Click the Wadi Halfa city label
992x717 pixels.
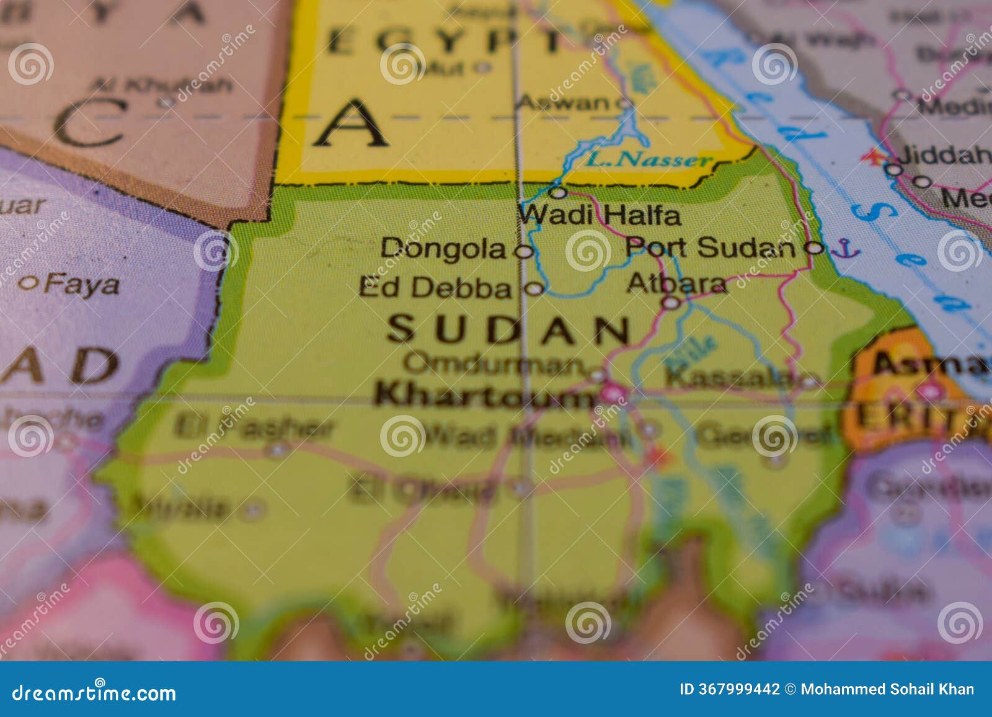[599, 215]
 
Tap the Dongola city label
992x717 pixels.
[443, 249]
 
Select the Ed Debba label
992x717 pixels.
[435, 287]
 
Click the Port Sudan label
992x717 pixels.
[709, 247]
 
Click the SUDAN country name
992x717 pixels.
[508, 329]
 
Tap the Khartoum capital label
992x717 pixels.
[484, 395]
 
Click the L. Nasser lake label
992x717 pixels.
[649, 160]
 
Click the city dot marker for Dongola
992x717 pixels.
[525, 251]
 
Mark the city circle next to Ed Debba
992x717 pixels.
[534, 288]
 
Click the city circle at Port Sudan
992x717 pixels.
[814, 248]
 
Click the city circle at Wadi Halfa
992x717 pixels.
[559, 193]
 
